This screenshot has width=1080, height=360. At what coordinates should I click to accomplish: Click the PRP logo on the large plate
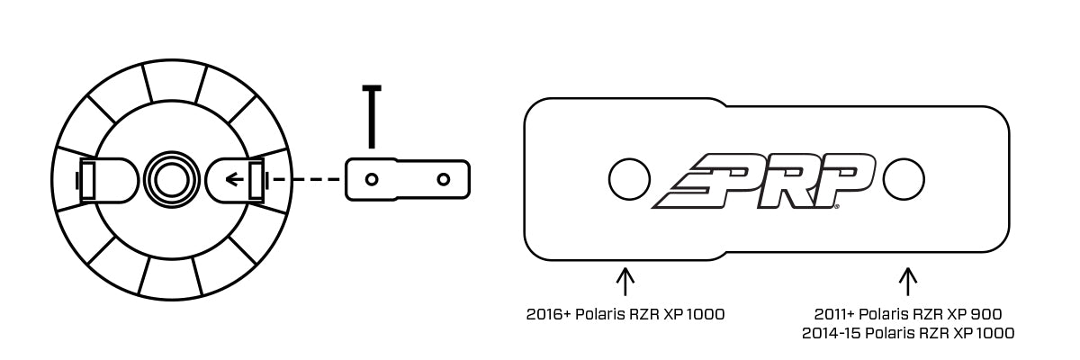click(765, 181)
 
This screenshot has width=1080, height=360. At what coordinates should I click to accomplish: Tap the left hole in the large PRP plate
click(628, 180)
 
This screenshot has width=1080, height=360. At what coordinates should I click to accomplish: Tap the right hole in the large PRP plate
click(903, 180)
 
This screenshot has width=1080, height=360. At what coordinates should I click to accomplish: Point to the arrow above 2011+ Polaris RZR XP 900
click(908, 280)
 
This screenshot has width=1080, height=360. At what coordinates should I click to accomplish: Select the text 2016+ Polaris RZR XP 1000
click(625, 315)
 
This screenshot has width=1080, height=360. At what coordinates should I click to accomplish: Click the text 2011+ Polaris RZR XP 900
click(908, 314)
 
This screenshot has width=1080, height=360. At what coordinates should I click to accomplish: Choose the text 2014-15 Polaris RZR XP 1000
click(908, 333)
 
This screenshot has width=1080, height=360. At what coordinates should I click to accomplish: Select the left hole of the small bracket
click(371, 179)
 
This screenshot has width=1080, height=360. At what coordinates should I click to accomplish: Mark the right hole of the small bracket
click(443, 179)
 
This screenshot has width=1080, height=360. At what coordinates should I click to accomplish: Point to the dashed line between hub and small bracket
click(306, 180)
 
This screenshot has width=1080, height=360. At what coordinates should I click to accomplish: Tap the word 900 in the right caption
click(987, 314)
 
